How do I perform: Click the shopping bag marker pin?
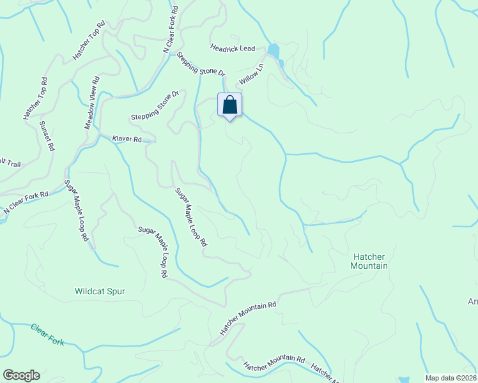230,105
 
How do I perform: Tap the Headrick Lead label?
233,49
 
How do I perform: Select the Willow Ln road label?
252,75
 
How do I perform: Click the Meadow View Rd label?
93,103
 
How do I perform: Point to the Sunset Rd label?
47,135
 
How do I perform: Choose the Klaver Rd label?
127,139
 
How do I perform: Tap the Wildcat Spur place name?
100,291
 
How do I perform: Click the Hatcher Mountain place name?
369,260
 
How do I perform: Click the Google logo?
21,375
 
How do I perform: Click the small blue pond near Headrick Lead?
274,50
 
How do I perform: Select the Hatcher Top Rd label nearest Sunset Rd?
36,99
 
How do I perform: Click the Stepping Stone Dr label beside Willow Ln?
201,64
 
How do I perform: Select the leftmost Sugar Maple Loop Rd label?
75,210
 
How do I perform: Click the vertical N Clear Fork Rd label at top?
171,31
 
